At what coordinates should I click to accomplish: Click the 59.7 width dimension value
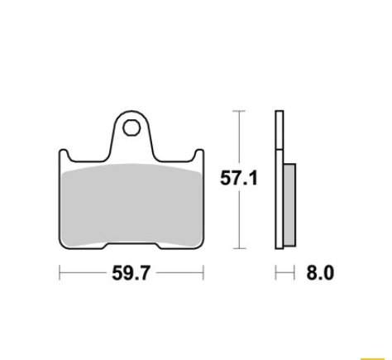click(x=131, y=273)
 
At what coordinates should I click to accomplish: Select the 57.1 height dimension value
click(x=239, y=178)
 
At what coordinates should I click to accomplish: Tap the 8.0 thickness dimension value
click(x=320, y=273)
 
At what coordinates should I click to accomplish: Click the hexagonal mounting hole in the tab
click(x=131, y=128)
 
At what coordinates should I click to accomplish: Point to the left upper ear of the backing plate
click(x=64, y=155)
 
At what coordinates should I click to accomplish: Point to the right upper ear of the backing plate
click(x=199, y=155)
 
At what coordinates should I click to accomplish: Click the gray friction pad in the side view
click(x=289, y=204)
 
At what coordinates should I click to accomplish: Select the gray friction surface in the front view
click(x=131, y=204)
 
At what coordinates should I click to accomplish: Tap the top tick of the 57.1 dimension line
click(x=239, y=111)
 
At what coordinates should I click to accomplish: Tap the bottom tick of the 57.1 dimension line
click(x=239, y=248)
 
